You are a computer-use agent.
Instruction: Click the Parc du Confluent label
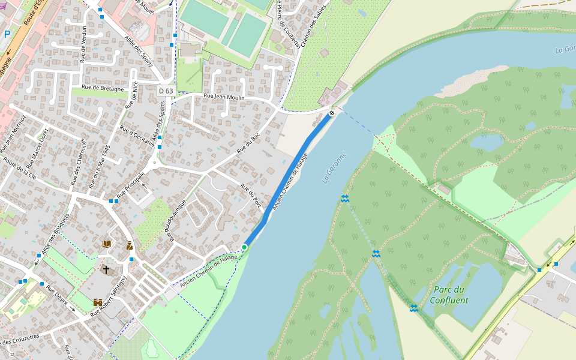(449, 295)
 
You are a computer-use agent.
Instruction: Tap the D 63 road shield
(166, 91)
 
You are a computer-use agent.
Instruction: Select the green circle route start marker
(244, 247)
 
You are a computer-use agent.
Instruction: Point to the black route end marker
(332, 113)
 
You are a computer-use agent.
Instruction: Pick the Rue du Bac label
(248, 143)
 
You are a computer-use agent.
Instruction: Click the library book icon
(107, 244)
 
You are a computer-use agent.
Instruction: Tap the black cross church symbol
(106, 270)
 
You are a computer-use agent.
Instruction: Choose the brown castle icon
(98, 303)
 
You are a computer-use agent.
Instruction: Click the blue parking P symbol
(7, 34)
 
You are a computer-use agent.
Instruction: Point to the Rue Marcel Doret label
(37, 148)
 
